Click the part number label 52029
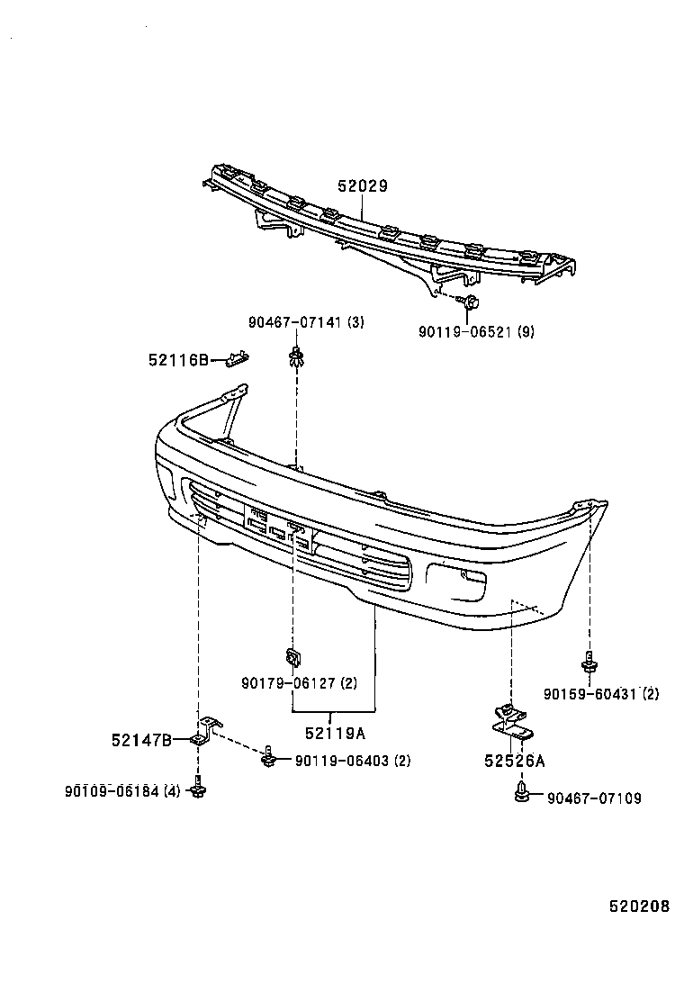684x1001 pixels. coord(363,186)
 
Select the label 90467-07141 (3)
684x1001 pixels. coord(306,322)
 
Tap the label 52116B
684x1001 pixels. coord(178,360)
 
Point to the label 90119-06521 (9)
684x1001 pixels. coord(476,332)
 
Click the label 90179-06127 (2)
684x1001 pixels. coord(299,683)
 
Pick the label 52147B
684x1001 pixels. coord(141,740)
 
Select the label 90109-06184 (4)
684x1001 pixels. coord(122,791)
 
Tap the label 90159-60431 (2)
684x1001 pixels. coord(601,693)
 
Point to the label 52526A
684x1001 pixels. coord(515,761)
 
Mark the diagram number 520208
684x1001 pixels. coord(640,906)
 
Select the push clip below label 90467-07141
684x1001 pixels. coord(295,356)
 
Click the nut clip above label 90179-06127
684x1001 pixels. coord(292,655)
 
